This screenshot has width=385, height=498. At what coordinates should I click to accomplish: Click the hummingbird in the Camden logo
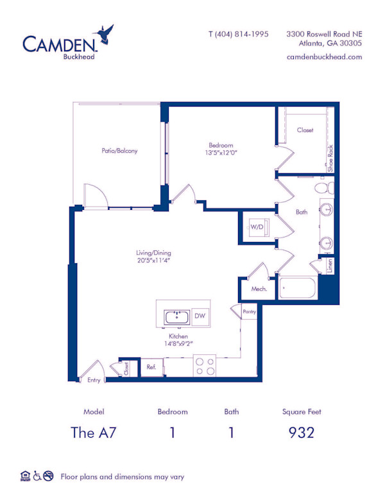coord(104,33)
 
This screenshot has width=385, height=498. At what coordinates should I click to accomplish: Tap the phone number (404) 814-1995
coord(242,34)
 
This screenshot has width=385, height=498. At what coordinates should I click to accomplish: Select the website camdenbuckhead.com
coord(324,57)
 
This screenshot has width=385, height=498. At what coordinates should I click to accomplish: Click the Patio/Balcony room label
coord(119,151)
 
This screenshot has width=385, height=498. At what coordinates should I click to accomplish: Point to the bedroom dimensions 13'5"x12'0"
coord(221,153)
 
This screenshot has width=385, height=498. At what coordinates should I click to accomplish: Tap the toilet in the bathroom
coord(324,187)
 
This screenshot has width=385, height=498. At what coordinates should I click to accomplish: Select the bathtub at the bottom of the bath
coord(298,288)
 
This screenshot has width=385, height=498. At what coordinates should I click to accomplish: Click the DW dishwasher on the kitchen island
coord(200,316)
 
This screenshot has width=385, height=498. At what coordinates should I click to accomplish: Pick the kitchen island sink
coord(176,317)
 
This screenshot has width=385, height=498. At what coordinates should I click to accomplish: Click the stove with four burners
coord(205,366)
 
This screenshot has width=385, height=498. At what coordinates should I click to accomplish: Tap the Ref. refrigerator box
coord(152,367)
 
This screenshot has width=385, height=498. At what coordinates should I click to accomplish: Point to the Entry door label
coord(94,380)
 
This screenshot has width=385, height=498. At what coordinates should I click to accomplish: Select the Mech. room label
coord(259,289)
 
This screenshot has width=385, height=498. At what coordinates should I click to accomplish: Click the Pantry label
coord(250,311)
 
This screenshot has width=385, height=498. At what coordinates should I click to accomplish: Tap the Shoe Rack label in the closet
coord(330,159)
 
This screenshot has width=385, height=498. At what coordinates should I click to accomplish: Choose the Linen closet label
coord(330,266)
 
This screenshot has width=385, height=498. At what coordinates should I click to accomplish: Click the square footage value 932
coord(302,433)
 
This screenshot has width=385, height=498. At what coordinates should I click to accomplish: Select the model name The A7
coord(94,433)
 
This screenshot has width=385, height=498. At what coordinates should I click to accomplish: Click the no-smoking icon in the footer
coord(48,476)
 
